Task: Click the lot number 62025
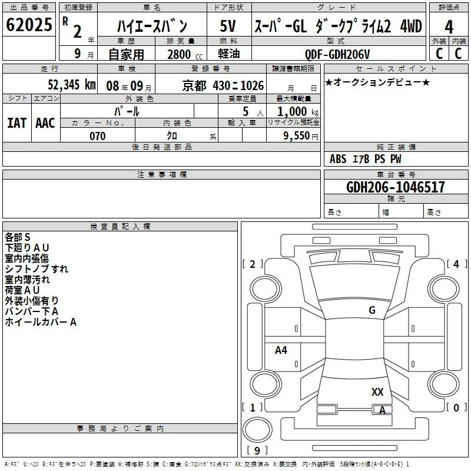[x=29, y=24]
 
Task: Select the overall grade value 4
[x=449, y=27]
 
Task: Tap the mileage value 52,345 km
[x=72, y=85]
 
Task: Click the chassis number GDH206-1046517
[x=395, y=187]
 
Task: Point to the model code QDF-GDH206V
[x=337, y=54]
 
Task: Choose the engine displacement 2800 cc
[x=185, y=54]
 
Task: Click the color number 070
[x=97, y=136]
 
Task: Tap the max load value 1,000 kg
[x=298, y=111]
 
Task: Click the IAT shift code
[x=17, y=122]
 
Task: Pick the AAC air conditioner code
[x=45, y=122]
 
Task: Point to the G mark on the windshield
[x=372, y=310]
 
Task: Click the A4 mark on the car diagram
[x=281, y=350]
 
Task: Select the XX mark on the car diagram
[x=377, y=392]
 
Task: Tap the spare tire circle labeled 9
[x=257, y=430]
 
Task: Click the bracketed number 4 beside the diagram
[x=456, y=264]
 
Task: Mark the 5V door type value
[x=228, y=26]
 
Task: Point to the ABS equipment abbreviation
[x=338, y=158]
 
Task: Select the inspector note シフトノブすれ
[x=37, y=268]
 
